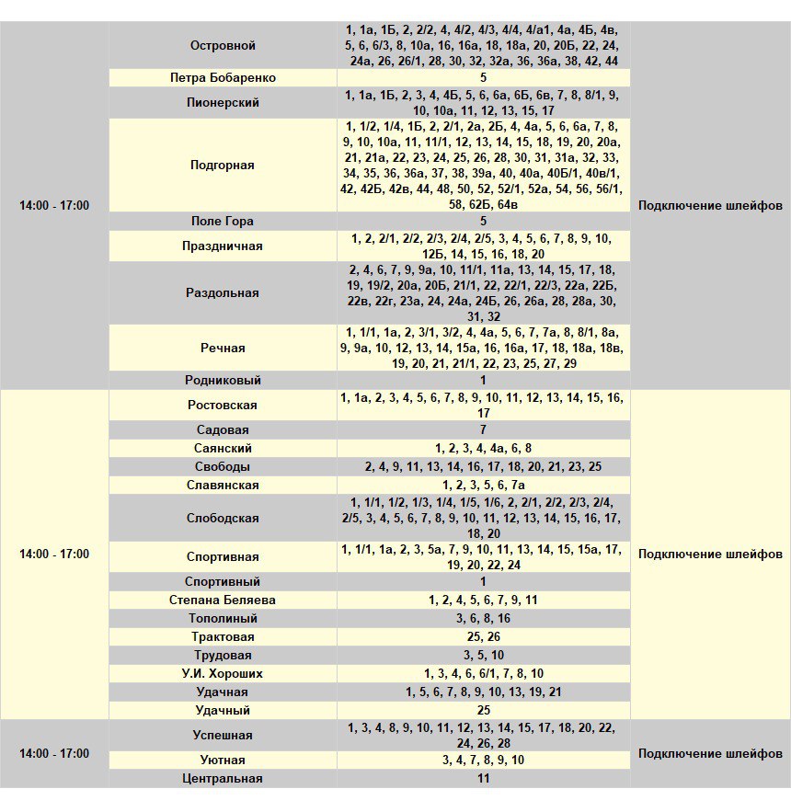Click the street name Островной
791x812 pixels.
point(223,45)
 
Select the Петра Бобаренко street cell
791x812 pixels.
point(223,78)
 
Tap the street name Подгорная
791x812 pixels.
point(223,166)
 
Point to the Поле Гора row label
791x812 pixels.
point(223,222)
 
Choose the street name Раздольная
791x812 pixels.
point(223,293)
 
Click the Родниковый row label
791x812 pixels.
point(223,380)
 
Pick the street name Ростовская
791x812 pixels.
point(223,406)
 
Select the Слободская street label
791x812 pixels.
point(223,519)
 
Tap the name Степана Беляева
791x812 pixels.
point(223,600)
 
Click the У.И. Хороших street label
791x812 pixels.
point(223,674)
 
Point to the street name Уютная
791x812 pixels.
point(223,761)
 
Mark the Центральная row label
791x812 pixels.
point(223,779)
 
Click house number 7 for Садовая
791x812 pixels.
point(483,430)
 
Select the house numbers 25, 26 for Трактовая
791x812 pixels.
point(483,637)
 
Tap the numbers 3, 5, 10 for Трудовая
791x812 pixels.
point(483,656)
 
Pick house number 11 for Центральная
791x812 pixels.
point(483,779)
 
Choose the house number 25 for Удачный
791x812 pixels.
point(483,711)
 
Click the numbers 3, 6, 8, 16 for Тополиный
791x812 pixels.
point(483,619)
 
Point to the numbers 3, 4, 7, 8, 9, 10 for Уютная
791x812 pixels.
point(483,761)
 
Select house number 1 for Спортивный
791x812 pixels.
point(483,582)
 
